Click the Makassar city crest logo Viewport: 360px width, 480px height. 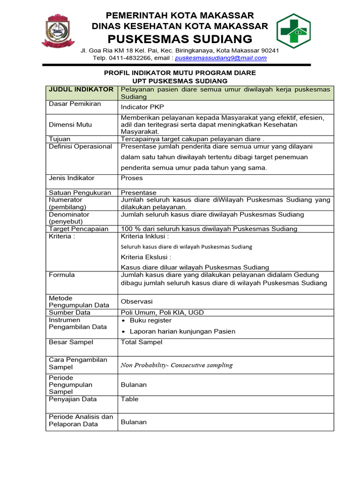[59, 30]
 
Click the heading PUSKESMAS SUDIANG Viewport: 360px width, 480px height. [180, 38]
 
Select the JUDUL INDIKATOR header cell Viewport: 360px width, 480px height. [81, 90]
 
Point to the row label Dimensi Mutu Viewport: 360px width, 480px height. [70, 125]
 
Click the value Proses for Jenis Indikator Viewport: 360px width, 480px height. [132, 178]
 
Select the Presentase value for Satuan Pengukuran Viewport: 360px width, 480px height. [139, 193]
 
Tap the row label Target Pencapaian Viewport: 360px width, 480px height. [78, 229]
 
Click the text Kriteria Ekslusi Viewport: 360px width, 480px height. [146, 257]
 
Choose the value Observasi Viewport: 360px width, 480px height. [137, 301]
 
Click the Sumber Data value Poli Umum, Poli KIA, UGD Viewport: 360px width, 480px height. [162, 313]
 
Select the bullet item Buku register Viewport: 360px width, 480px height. [150, 321]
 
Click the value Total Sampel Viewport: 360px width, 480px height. [142, 342]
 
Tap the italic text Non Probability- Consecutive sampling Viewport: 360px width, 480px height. [177, 365]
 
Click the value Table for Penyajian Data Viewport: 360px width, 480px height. [130, 399]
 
